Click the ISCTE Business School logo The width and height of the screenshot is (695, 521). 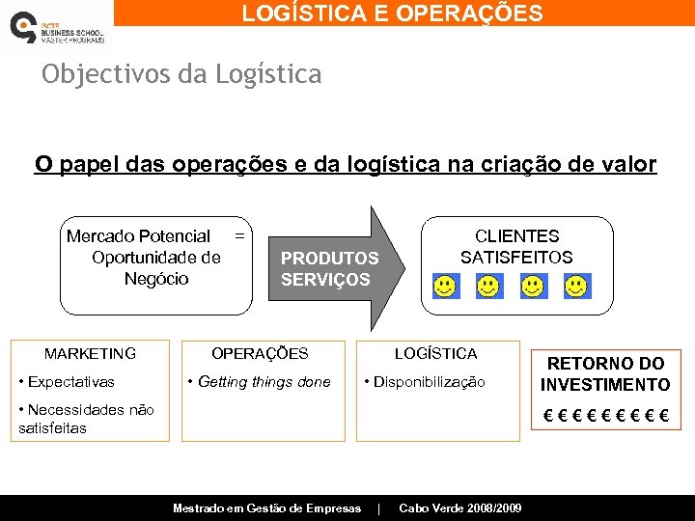pos(55,27)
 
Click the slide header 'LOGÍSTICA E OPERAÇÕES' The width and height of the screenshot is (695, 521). pos(392,13)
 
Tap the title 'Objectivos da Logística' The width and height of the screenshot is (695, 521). pos(181,74)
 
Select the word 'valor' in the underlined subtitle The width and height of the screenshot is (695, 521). pos(627,164)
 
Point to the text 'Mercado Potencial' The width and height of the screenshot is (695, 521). pos(138,236)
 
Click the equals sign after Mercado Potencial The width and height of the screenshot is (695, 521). pos(239,235)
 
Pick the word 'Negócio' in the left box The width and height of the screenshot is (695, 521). pos(156,279)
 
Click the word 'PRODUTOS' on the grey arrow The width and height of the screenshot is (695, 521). pos(329,259)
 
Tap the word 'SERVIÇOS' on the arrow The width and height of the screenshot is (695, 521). pos(325,280)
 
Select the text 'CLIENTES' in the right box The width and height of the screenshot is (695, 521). pos(516,236)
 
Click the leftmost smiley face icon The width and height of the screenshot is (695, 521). pos(446,287)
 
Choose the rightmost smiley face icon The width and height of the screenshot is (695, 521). pos(576,287)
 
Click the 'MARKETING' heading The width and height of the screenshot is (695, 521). pos(90,354)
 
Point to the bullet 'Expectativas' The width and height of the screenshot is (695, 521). pos(70,382)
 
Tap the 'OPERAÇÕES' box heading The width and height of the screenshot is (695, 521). pos(260,354)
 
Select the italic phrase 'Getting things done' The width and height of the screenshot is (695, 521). pos(264,382)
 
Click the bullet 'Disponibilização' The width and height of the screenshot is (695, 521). pos(429,382)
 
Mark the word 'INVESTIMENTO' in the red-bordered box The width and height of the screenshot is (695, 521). pos(605,385)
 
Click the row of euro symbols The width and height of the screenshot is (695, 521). pos(605,418)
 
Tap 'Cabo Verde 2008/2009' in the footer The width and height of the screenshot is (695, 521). pos(460,508)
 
